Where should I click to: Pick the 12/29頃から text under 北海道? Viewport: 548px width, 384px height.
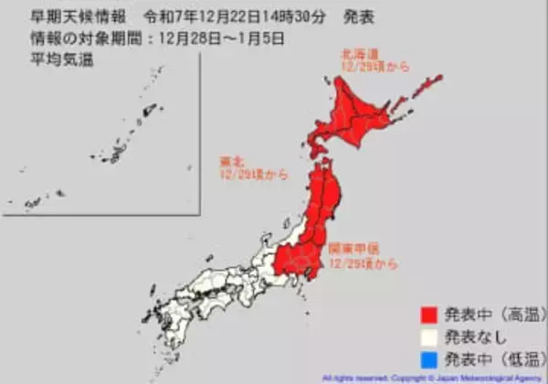pos(364,68)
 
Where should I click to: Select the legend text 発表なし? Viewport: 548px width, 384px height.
pos(476,336)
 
